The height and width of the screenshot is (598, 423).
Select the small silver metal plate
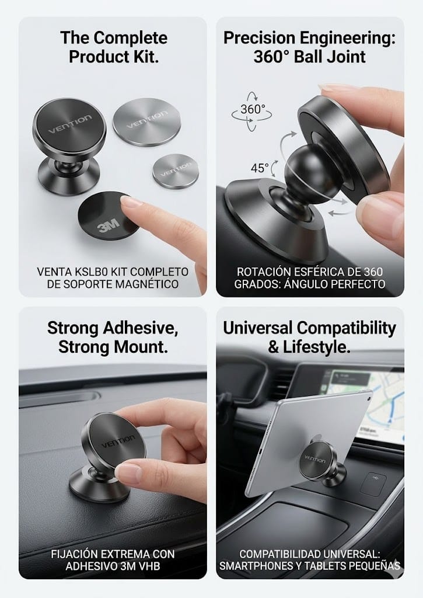pyautogui.click(x=176, y=171)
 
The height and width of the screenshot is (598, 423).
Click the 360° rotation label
pyautogui.click(x=252, y=109)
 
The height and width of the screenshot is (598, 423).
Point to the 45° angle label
pyautogui.click(x=260, y=168)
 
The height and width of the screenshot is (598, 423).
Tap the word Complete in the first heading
pyautogui.click(x=130, y=38)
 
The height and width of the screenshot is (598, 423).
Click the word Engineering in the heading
pyautogui.click(x=347, y=38)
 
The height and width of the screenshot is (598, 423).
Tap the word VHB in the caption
pyautogui.click(x=148, y=566)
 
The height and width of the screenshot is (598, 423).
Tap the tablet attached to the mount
pyautogui.click(x=305, y=443)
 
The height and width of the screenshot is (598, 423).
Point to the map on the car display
pyautogui.click(x=381, y=404)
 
